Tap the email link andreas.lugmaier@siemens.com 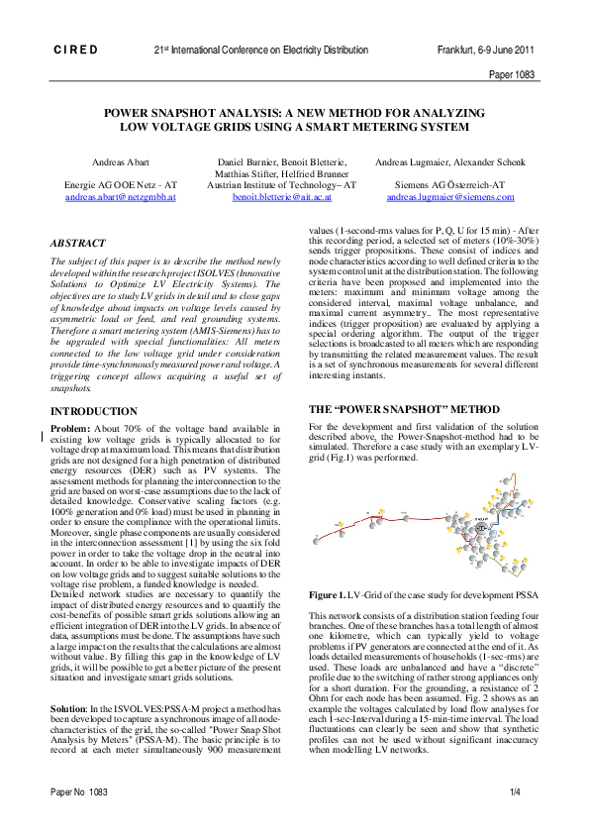point(450,197)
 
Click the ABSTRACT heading point(80,242)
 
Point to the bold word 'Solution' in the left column point(71,705)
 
